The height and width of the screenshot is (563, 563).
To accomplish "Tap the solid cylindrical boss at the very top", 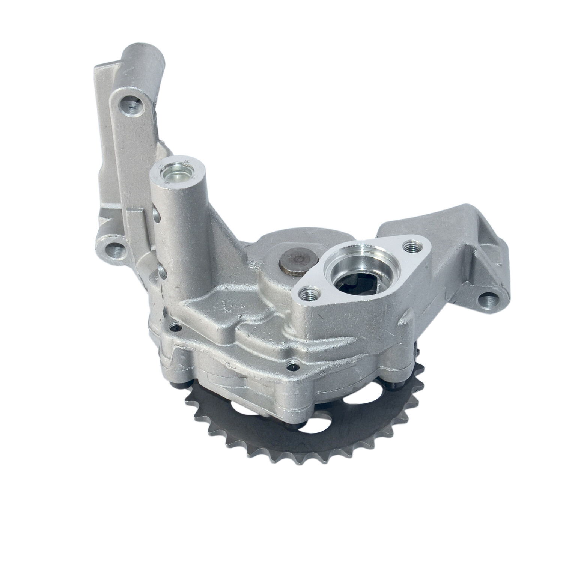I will click(x=144, y=54).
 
